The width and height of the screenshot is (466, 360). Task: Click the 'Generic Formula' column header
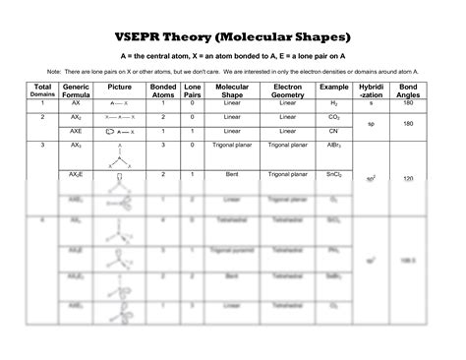click(x=77, y=90)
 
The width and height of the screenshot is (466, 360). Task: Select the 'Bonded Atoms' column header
click(x=162, y=90)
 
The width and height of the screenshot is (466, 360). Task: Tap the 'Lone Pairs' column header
click(x=192, y=90)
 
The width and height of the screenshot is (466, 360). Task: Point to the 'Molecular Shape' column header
click(x=232, y=90)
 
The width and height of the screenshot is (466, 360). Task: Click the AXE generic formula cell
click(x=75, y=130)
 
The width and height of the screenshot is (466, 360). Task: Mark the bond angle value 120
click(x=407, y=179)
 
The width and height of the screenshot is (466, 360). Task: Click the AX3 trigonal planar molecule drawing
click(x=119, y=156)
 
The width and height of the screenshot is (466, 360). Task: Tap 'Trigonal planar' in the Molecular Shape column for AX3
click(x=232, y=145)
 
